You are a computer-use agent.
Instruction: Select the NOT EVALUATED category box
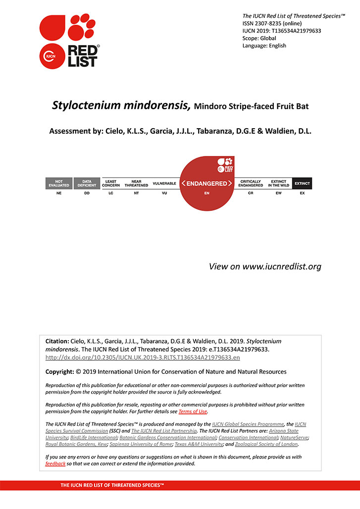59,183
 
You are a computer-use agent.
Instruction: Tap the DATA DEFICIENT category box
87,183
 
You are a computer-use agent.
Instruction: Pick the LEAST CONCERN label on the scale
111,183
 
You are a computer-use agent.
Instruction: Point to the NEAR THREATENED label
136,183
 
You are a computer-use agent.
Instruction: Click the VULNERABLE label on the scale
164,183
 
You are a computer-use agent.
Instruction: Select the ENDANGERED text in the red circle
206,183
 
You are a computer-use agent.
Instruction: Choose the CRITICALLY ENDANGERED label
251,183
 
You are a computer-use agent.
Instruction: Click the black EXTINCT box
302,183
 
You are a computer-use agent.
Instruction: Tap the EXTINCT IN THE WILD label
279,183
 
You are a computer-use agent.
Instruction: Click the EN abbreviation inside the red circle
206,193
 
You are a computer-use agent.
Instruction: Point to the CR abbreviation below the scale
251,193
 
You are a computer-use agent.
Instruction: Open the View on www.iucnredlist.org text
265,266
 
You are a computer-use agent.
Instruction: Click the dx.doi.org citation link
143,357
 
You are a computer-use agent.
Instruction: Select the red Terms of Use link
193,411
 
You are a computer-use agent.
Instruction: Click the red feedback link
55,464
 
